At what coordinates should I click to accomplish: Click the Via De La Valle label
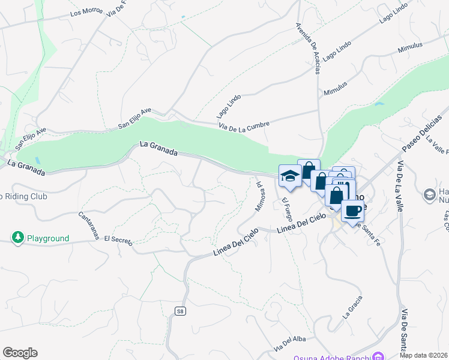[x=399, y=186]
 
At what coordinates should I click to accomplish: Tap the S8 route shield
[x=180, y=311]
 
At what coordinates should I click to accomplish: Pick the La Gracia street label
[x=354, y=307]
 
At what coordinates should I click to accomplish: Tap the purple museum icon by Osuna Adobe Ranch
[x=378, y=356]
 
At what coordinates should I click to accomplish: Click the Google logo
[x=20, y=353]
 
